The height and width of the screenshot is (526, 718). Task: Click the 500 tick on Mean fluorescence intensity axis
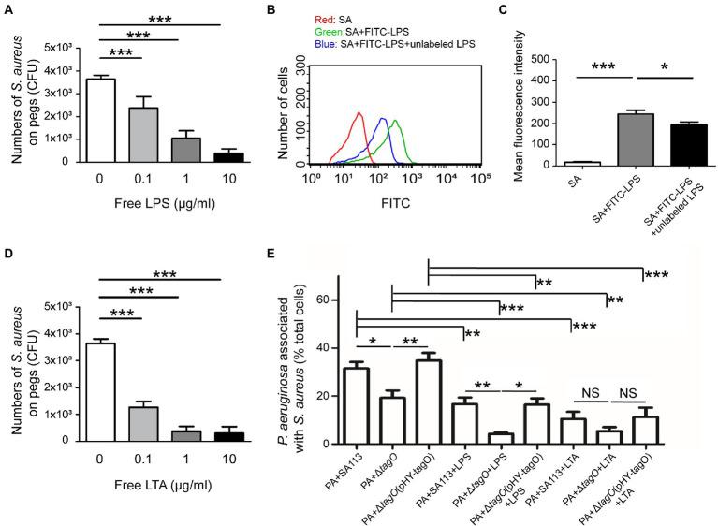[x=542, y=60]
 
